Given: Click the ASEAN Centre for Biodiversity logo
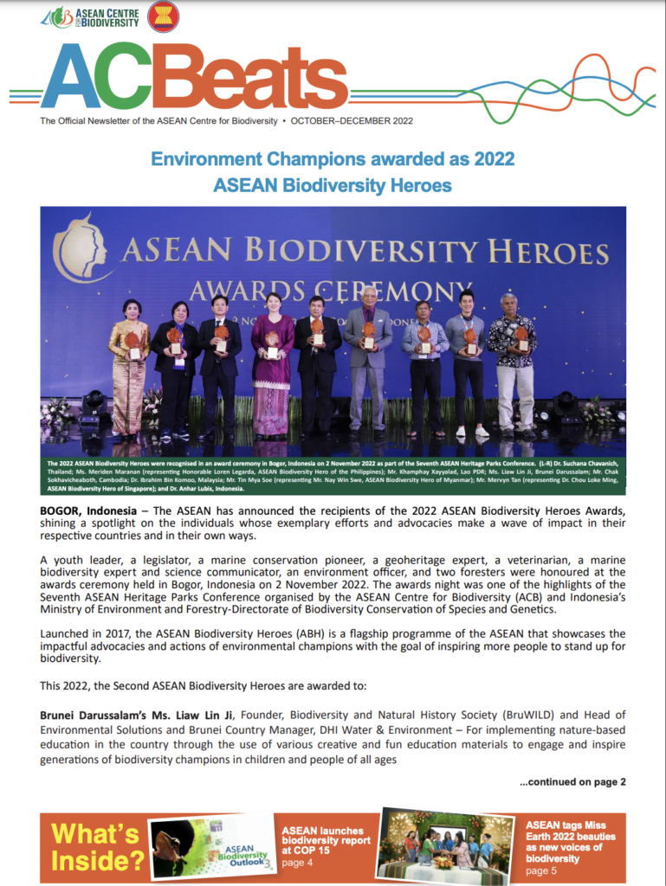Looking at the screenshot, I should [x=91, y=16].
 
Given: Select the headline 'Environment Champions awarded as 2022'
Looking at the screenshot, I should [x=333, y=159].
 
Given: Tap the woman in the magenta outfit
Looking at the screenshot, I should [x=272, y=363].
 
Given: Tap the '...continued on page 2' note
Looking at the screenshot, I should [x=572, y=781].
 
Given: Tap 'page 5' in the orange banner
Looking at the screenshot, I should [x=542, y=870].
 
